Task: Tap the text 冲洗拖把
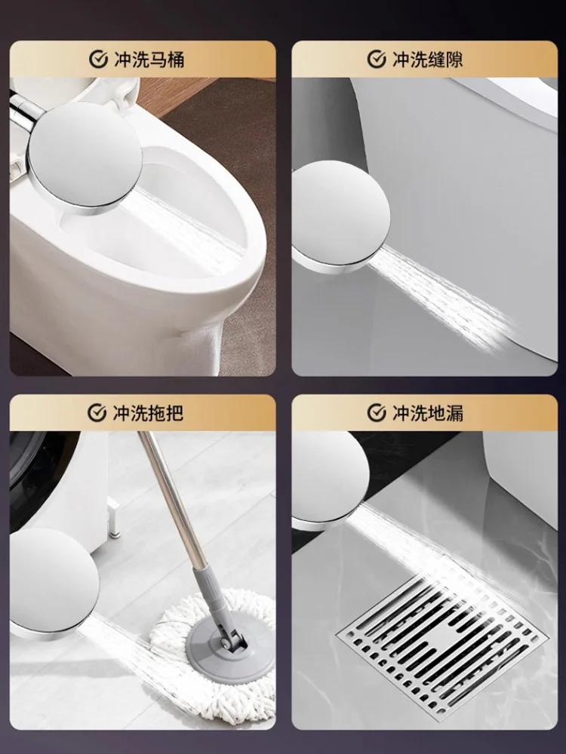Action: click(x=148, y=412)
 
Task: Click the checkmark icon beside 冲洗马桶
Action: click(x=97, y=60)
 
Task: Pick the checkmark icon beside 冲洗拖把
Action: click(x=97, y=412)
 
